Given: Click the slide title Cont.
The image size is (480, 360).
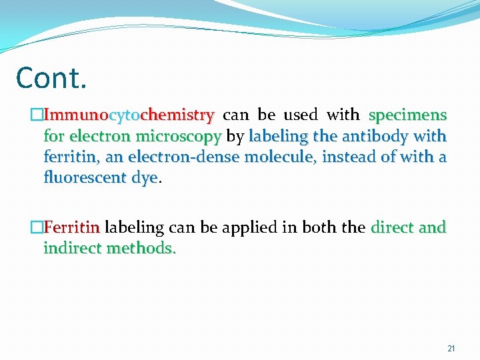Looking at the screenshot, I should coord(51,78).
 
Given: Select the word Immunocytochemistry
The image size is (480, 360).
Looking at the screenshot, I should coord(129,115).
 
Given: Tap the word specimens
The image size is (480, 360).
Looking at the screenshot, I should coord(407,115).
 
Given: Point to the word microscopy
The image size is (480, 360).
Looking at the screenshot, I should coord(178,137).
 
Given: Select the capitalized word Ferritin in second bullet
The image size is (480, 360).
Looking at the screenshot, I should coord(71,228).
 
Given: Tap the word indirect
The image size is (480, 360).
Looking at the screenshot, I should coord(71,249).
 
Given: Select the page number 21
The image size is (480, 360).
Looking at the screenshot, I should coord(451,349).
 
